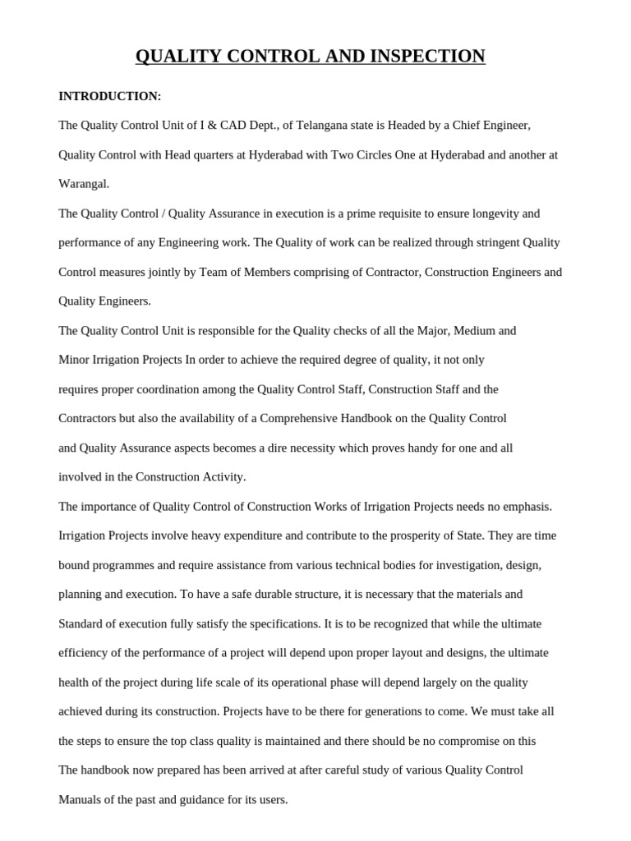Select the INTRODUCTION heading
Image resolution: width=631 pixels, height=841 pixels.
109,96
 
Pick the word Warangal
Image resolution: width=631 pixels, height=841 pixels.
84,184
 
